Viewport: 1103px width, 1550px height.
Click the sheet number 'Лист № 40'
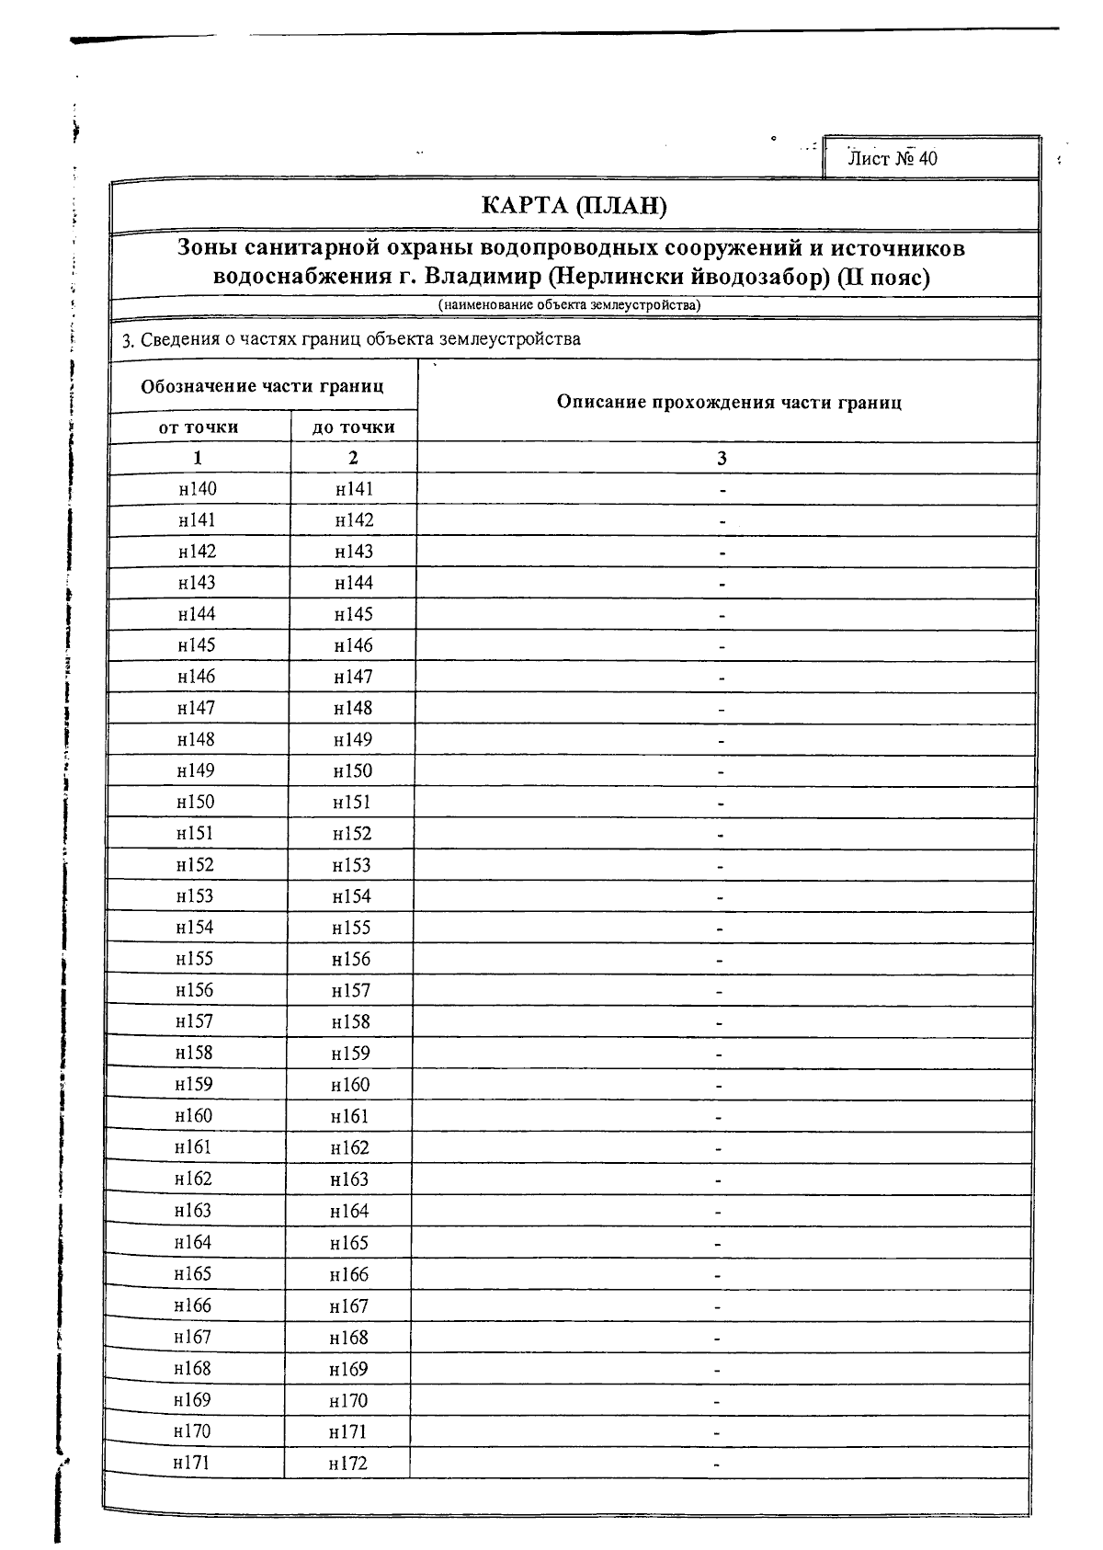(892, 158)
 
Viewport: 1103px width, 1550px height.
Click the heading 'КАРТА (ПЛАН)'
(574, 205)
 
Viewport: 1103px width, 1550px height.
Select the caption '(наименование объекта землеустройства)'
(569, 305)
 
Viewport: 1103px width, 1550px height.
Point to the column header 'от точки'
(199, 427)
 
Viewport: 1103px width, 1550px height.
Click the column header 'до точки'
(354, 427)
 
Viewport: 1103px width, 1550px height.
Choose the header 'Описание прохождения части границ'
(729, 402)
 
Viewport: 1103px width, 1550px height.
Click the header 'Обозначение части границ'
(262, 386)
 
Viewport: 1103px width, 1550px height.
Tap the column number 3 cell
(722, 458)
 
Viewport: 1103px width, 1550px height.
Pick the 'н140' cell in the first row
(198, 489)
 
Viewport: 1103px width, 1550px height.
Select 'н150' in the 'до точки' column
(353, 770)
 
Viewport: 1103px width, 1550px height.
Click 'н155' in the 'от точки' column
(195, 959)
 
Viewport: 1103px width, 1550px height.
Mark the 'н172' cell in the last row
(347, 1463)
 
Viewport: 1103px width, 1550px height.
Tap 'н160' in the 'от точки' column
(194, 1115)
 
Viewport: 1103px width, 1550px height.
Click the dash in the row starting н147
(722, 709)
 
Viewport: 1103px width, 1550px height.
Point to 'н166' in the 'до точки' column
(349, 1273)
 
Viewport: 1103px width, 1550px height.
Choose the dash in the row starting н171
(717, 1464)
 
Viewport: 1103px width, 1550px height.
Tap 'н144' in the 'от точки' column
(197, 614)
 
